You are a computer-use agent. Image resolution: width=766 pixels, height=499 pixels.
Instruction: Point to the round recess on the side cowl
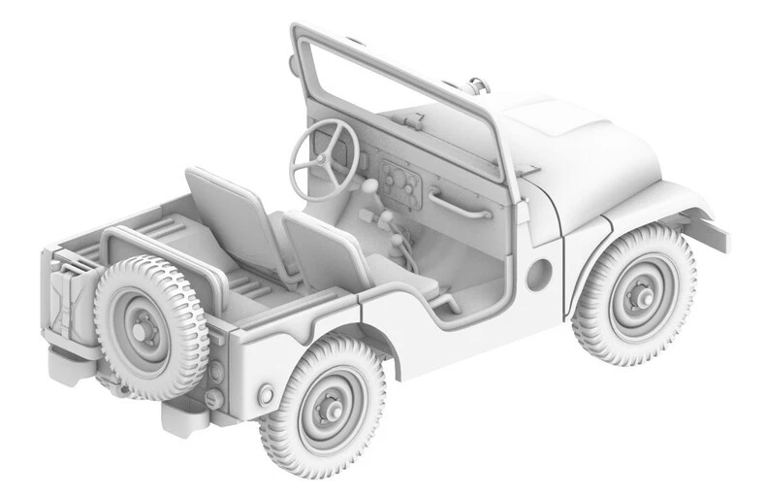538,275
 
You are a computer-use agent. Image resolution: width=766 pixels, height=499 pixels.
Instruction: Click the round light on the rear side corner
265,393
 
